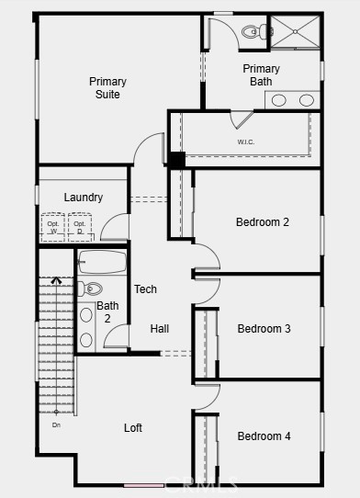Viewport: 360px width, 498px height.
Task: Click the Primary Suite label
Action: click(x=107, y=88)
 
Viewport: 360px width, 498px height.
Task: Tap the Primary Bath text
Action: click(x=261, y=75)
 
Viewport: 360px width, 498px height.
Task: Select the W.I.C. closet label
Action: click(x=246, y=141)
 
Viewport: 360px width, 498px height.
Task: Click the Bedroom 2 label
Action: click(x=263, y=221)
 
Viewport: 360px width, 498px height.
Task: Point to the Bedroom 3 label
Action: click(x=264, y=329)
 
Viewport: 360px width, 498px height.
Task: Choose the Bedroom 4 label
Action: click(x=264, y=436)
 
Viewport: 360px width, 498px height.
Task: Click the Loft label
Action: click(x=133, y=427)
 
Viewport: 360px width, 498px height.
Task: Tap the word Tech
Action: click(x=145, y=289)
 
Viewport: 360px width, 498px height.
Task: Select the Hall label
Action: click(x=160, y=329)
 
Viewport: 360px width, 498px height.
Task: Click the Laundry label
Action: click(x=83, y=198)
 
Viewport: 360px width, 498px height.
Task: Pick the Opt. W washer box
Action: click(x=52, y=227)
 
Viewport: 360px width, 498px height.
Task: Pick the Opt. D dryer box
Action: click(x=80, y=227)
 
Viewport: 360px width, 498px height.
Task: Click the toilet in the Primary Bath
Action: click(x=253, y=32)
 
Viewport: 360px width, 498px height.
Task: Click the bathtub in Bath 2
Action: click(x=102, y=262)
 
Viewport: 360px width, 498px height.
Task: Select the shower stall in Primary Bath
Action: click(x=295, y=31)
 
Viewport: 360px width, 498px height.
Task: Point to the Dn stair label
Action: click(x=56, y=424)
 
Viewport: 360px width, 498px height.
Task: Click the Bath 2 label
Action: click(x=107, y=312)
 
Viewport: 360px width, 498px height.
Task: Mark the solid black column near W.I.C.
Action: click(x=176, y=159)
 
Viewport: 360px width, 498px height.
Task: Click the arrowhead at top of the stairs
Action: click(x=56, y=281)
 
